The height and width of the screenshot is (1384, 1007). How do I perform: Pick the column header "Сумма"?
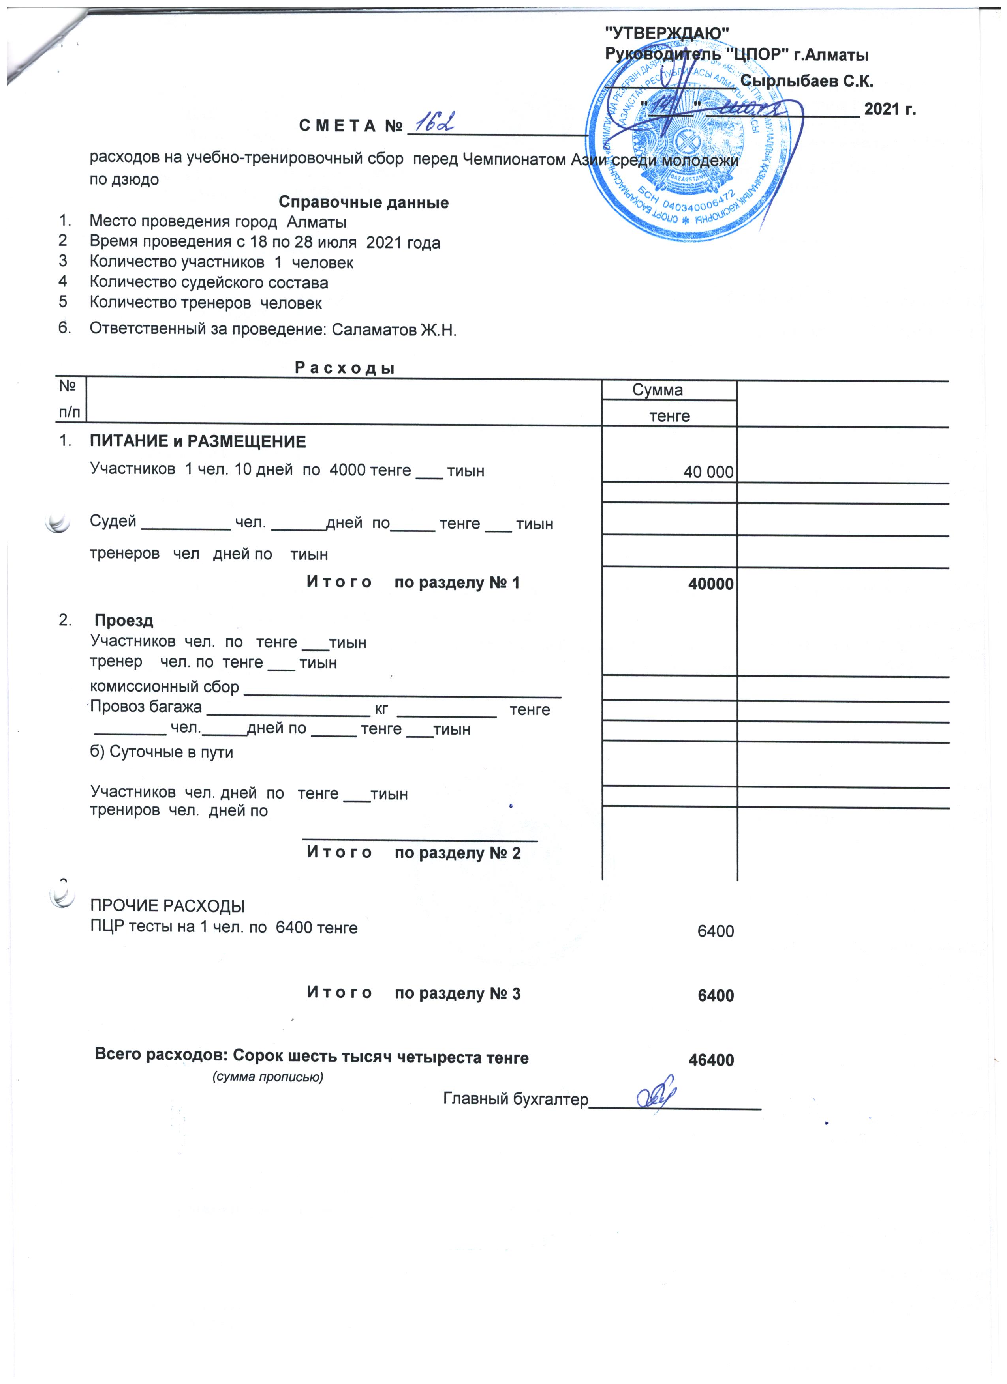click(657, 390)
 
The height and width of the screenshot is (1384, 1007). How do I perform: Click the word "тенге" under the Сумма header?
click(669, 416)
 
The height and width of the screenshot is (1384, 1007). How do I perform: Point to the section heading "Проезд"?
click(124, 621)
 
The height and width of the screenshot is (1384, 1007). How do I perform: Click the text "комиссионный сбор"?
click(164, 686)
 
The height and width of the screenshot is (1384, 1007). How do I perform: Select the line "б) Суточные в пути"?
click(162, 752)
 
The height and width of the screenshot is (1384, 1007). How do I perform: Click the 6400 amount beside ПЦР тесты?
click(715, 931)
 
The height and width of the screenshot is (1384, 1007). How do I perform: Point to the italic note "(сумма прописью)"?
click(267, 1077)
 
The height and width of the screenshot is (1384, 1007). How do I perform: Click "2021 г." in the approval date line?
click(890, 110)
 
